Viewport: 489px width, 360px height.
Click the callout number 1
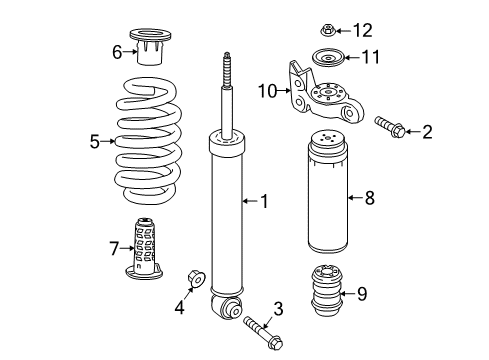pos(264,201)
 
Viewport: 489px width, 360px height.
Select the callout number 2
pos(427,131)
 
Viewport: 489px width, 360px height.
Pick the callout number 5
pos(95,142)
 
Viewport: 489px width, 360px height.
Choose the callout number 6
pos(117,50)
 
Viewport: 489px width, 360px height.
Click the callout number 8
pos(369,198)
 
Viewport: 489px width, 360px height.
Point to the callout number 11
pos(370,57)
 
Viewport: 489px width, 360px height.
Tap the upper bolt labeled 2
pos(388,126)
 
